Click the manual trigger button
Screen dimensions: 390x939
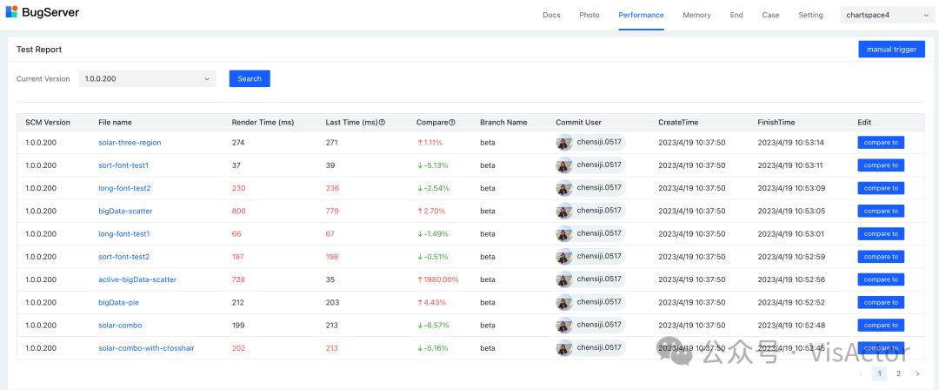tap(891, 50)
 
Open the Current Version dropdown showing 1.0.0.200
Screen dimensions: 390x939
tap(147, 78)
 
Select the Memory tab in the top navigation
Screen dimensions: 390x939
tap(696, 15)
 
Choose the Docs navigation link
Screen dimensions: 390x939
tap(551, 15)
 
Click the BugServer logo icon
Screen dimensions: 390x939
tap(12, 13)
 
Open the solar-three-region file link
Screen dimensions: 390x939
tap(130, 143)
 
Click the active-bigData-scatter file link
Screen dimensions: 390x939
tap(137, 279)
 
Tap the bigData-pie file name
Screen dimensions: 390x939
tap(118, 303)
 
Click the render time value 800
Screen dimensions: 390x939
tap(238, 211)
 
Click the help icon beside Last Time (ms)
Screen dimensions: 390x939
tap(382, 123)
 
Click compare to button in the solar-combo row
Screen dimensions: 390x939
tap(880, 326)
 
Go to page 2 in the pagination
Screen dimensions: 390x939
tap(898, 373)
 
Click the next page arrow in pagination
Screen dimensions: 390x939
tap(917, 373)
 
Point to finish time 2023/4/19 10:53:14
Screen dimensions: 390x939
tap(790, 143)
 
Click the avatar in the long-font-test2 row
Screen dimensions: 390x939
tap(565, 188)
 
